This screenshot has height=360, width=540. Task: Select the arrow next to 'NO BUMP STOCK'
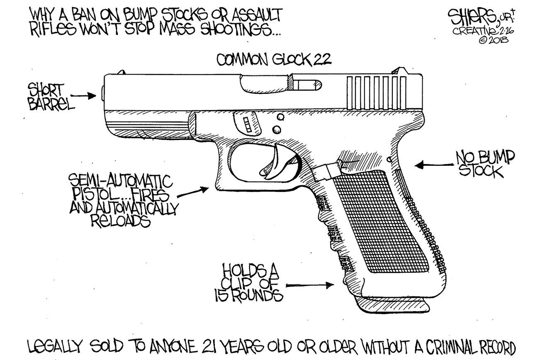click(x=431, y=165)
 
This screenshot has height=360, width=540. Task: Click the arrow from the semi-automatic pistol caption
click(x=195, y=191)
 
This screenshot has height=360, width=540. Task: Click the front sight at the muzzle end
click(x=121, y=72)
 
